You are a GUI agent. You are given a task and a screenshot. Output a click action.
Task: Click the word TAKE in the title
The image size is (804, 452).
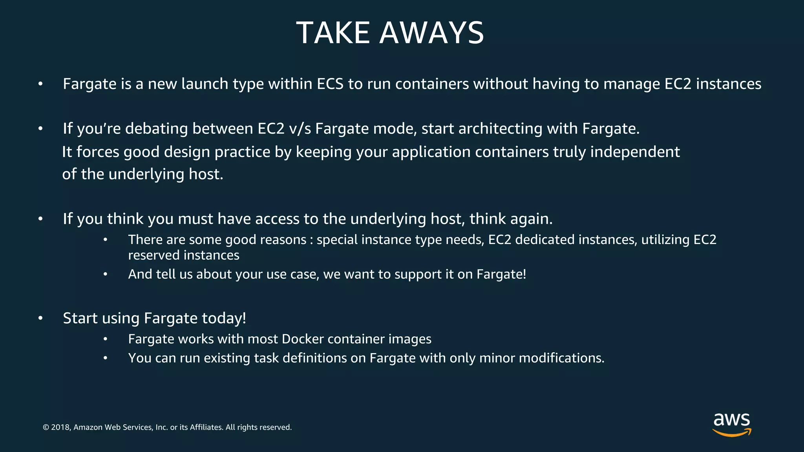(x=333, y=33)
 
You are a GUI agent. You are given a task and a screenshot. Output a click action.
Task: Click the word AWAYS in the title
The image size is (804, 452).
(x=431, y=33)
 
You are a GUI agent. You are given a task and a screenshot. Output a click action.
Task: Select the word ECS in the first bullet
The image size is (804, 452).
(x=330, y=84)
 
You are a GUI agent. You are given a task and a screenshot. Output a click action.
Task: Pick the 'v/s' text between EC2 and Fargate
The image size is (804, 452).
(x=300, y=129)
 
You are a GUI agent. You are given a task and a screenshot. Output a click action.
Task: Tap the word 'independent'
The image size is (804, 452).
(x=635, y=152)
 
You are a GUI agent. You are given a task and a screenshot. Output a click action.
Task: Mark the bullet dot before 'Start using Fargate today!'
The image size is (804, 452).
(x=40, y=318)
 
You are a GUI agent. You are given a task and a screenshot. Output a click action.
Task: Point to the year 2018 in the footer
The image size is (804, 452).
(x=60, y=427)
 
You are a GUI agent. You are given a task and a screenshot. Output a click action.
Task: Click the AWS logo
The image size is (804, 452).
(x=731, y=424)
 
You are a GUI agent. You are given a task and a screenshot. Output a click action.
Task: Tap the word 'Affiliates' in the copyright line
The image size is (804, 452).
(x=206, y=427)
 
